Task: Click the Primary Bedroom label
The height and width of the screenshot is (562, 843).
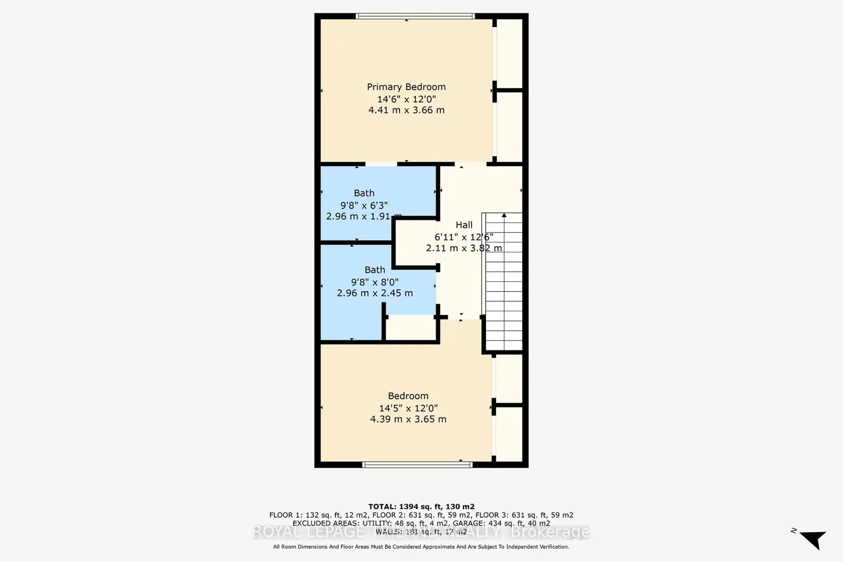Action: [x=406, y=87]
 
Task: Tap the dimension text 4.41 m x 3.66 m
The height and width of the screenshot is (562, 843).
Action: [x=406, y=110]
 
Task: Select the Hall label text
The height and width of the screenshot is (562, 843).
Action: [x=464, y=225]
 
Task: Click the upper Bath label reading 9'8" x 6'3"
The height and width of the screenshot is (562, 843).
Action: [x=364, y=205]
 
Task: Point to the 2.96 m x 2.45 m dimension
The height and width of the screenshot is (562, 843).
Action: [x=374, y=293]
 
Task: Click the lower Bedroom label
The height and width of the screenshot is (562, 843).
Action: [x=408, y=396]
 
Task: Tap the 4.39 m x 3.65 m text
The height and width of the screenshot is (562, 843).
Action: [x=408, y=419]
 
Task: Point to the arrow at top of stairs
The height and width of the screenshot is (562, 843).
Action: [x=504, y=215]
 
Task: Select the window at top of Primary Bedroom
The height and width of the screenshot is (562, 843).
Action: [x=415, y=16]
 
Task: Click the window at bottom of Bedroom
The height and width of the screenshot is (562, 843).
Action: [x=417, y=465]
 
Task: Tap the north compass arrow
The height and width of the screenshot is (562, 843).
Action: [x=813, y=538]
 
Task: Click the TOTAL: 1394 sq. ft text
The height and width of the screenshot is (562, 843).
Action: [x=421, y=506]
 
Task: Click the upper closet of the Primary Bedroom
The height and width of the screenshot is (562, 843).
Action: [x=510, y=53]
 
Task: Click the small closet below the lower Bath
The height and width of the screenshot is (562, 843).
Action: [x=411, y=329]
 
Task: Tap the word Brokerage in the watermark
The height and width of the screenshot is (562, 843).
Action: [x=550, y=532]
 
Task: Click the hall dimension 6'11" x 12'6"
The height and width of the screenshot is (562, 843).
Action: [x=464, y=237]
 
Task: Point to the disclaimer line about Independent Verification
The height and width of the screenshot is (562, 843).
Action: [x=421, y=547]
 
